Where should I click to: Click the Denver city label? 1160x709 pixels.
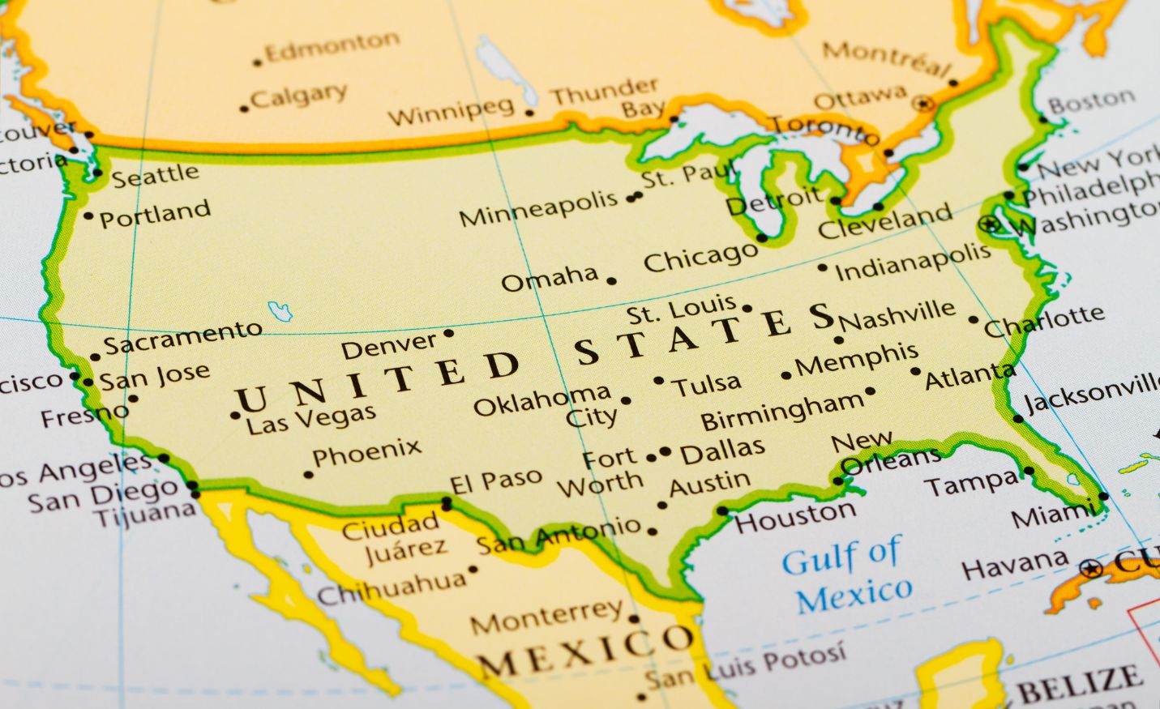pos(388,347)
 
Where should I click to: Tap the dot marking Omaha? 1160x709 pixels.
pos(611,281)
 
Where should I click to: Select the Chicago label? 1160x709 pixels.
pos(700,258)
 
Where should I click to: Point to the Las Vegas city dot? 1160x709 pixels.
pos(235,416)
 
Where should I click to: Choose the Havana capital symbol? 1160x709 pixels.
pos(1092,567)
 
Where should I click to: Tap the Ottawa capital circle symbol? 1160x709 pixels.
pos(922,104)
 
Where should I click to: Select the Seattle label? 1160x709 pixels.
pos(155,175)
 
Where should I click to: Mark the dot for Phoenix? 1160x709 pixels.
pos(308,475)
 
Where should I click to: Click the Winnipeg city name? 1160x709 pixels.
pos(451,113)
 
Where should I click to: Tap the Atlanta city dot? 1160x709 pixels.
pos(915,372)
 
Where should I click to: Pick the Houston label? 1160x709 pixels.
pos(795,515)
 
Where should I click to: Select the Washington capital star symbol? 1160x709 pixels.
pos(989,224)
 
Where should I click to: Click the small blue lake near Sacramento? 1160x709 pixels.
pos(280,310)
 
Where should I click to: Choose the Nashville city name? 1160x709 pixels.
pos(898,315)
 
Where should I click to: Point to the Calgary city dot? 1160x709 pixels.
pos(244,109)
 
